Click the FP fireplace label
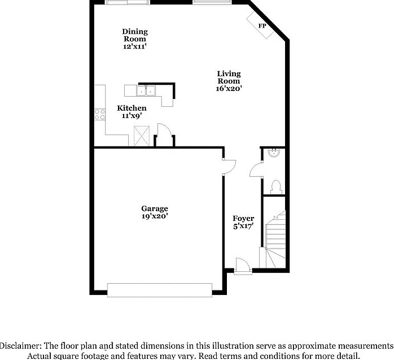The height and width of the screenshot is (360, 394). [262, 25]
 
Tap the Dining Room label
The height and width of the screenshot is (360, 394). [135, 35]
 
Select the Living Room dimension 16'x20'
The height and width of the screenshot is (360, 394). [229, 88]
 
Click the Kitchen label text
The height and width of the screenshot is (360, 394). [132, 108]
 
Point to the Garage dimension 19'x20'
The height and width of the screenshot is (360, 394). [155, 216]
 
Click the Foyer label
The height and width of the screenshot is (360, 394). [243, 218]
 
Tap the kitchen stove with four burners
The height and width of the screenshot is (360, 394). [100, 115]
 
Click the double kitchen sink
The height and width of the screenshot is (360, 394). [146, 91]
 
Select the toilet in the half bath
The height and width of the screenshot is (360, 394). [276, 187]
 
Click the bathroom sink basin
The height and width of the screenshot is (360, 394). [273, 153]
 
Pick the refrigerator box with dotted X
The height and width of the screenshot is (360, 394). [142, 136]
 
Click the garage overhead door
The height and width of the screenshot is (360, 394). [160, 290]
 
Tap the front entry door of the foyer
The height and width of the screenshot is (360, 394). [243, 267]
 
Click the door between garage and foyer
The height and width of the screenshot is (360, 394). [229, 167]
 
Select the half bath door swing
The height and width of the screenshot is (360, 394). [256, 170]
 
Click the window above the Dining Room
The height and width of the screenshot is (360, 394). [128, 2]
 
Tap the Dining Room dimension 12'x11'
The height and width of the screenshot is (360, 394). [135, 46]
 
